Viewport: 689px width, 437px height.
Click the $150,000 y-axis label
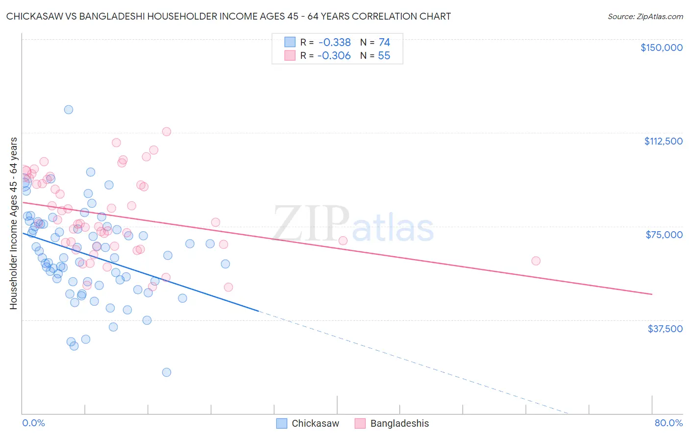pos(661,48)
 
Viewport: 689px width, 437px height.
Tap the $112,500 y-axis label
pos(663,141)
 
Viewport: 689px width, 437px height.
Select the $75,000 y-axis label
pos(664,235)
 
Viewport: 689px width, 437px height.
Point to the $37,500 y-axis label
pos(665,329)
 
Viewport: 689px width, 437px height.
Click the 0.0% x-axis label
pos(33,423)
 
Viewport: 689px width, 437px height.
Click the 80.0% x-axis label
pos(668,423)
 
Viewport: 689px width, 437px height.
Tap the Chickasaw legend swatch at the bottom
pos(282,423)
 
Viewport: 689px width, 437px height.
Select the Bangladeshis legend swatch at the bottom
pos(360,423)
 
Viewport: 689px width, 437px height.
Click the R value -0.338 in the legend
pos(334,43)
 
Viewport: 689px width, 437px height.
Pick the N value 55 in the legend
pos(384,56)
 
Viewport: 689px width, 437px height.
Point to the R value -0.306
pos(334,56)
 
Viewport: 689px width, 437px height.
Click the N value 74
pos(384,43)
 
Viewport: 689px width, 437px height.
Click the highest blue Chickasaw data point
pos(69,110)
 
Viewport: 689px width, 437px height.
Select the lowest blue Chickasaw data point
pos(167,372)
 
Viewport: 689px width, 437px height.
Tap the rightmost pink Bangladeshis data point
pos(536,261)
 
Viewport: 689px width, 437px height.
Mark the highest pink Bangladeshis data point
pos(167,132)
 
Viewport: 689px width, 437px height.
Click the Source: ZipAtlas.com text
pos(645,17)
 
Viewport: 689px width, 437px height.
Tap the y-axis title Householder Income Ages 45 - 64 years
pos(14,223)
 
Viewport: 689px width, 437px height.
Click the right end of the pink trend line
pos(652,294)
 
